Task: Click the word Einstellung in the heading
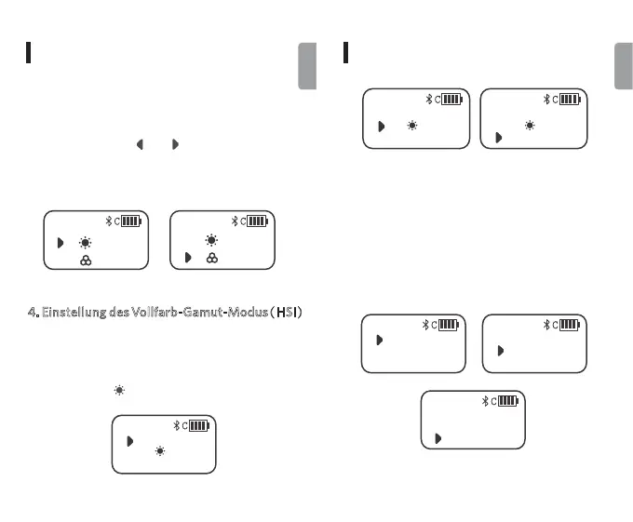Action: tap(66, 311)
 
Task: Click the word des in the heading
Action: tap(117, 311)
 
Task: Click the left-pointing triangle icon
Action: tap(140, 145)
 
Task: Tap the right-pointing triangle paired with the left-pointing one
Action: tap(175, 145)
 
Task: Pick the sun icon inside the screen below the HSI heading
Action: tap(161, 450)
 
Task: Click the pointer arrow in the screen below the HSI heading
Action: tap(130, 440)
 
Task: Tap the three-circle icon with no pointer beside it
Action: tap(85, 261)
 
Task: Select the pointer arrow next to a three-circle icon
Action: tap(188, 257)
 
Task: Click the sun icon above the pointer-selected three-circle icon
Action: tap(212, 240)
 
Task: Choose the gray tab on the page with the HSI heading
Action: tap(307, 67)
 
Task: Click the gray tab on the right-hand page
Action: tap(623, 67)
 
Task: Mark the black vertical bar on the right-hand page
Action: tap(345, 52)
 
